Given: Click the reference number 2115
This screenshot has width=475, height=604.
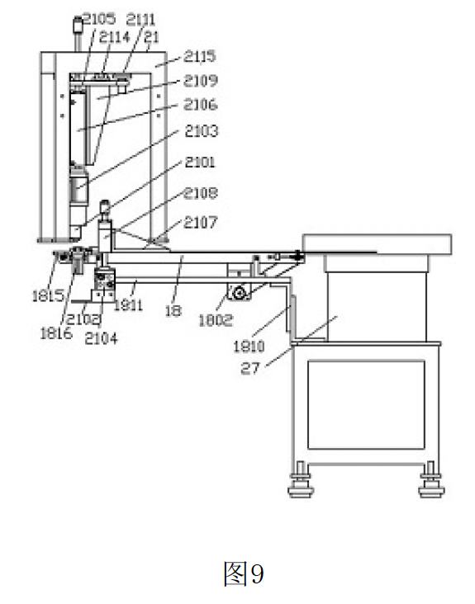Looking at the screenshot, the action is pos(200,57).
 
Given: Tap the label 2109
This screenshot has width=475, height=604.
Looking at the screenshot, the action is pos(201,81).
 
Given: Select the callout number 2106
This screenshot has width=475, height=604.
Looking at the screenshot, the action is pos(201,105).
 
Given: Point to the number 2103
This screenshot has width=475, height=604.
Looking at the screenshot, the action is pos(202,131).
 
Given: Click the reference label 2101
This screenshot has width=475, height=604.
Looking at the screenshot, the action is pos(200,163).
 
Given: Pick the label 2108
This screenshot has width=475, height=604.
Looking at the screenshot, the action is pos(201,193).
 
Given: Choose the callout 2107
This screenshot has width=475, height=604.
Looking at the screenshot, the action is pos(201,222).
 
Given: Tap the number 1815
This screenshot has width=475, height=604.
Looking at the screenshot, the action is pos(48,295).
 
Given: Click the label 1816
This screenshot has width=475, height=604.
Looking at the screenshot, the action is pos(56,333).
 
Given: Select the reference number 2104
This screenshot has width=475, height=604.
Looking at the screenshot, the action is pos(101,338).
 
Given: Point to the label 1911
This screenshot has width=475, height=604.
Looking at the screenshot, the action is pos(128,305).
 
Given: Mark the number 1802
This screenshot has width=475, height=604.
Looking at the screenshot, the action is pos(216,319).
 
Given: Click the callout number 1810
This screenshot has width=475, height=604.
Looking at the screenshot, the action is pos(249,347).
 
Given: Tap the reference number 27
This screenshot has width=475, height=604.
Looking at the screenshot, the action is pos(249,369).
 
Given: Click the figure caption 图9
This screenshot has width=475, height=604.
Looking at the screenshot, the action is pos(244,573).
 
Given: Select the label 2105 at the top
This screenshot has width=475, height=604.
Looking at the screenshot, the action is pos(99,19).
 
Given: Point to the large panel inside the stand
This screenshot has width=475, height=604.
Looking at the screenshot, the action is pos(366,404).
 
